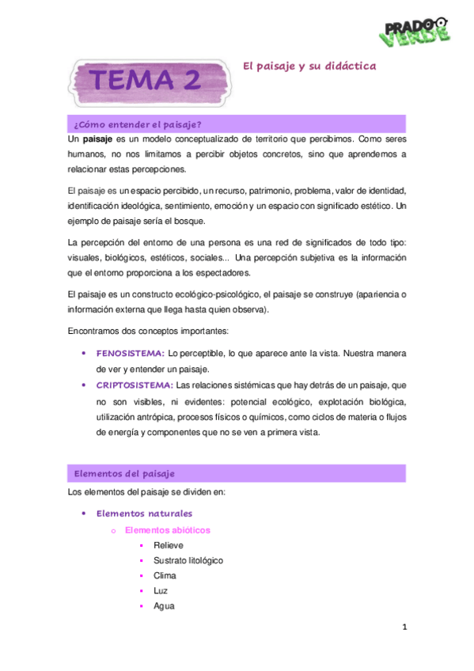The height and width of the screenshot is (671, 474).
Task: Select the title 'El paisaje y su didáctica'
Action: pos(308,66)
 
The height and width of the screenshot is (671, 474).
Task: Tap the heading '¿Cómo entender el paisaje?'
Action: pos(137,124)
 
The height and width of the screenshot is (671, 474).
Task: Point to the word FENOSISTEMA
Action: pos(131,354)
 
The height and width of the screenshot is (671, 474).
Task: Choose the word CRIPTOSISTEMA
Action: pos(135,385)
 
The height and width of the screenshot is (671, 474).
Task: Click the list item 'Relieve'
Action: pos(169,545)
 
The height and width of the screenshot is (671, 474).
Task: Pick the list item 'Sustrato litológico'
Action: pos(188,560)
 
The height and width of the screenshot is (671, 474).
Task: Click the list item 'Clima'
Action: pos(165,575)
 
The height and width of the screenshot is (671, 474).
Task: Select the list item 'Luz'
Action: pos(161,590)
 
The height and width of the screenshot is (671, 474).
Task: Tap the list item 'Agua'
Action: pos(164,605)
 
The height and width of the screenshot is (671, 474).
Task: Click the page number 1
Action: pos(404,627)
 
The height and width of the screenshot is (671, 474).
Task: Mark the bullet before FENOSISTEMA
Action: pos(84,354)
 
